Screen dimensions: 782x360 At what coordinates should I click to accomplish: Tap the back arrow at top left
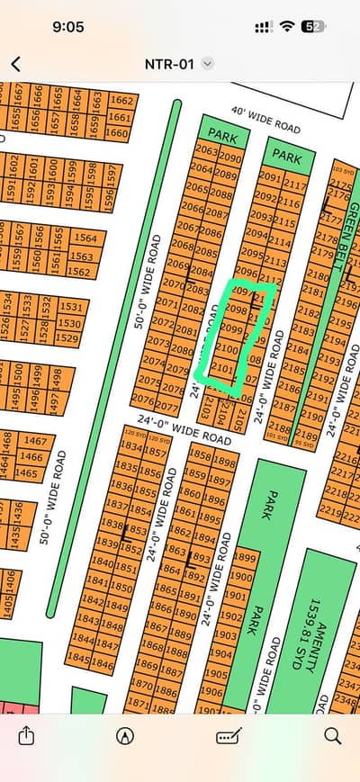coord(16,64)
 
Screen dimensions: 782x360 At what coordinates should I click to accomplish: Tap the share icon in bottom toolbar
coord(25,736)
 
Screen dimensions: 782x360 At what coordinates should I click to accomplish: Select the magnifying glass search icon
coord(332,736)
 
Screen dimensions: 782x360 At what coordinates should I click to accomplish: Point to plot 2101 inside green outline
coord(225,368)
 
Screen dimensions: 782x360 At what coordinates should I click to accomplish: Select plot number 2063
coord(206,150)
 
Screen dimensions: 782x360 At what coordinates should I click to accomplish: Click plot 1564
coord(85,238)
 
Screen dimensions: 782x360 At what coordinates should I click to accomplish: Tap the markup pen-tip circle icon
coord(125,736)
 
